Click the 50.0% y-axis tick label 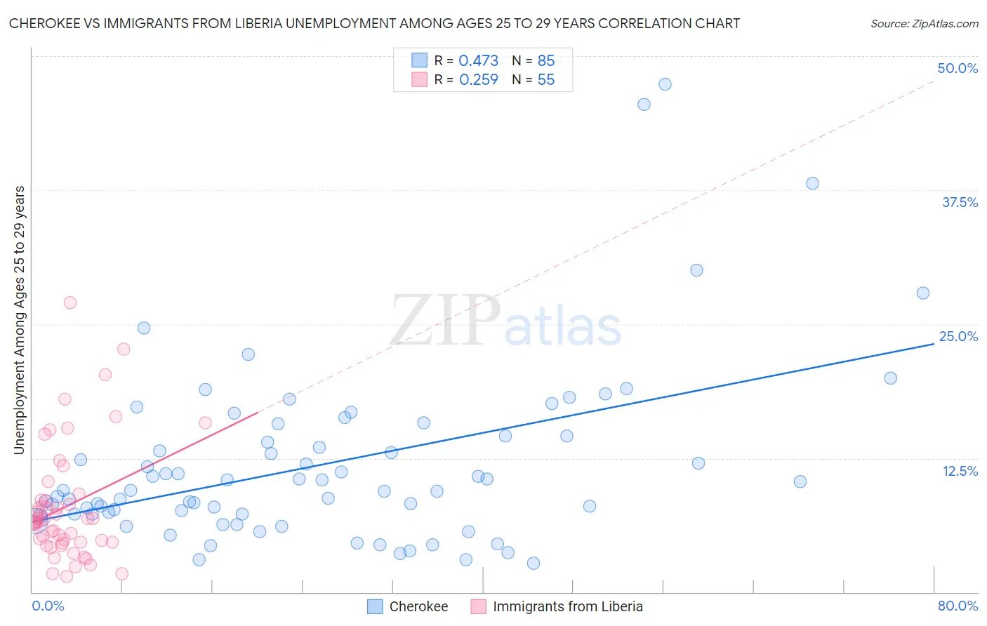958,68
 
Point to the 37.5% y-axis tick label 960,202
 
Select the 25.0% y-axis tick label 958,336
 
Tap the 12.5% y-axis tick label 960,471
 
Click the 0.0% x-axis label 48,606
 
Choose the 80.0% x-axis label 958,606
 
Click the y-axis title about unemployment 20,320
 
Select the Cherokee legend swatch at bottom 376,606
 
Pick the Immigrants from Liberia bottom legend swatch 479,606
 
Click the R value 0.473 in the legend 478,61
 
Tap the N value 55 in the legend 545,80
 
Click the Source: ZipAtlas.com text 924,24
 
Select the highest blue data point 665,84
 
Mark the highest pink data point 70,302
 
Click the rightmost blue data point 923,293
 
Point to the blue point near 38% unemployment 812,183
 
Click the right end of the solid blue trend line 934,345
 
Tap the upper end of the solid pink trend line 258,413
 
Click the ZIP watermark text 445,321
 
